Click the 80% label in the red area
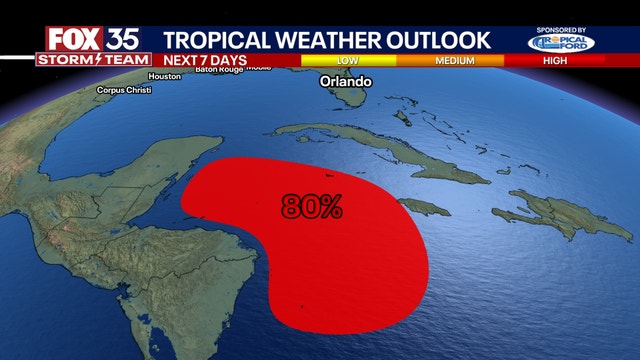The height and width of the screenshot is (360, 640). (x=312, y=207)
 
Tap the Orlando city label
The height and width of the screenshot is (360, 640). (x=345, y=81)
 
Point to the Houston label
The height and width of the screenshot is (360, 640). (x=164, y=76)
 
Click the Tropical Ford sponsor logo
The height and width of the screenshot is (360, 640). (x=562, y=43)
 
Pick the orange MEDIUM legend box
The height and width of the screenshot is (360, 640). (x=455, y=60)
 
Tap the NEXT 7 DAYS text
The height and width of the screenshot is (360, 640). (x=200, y=60)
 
